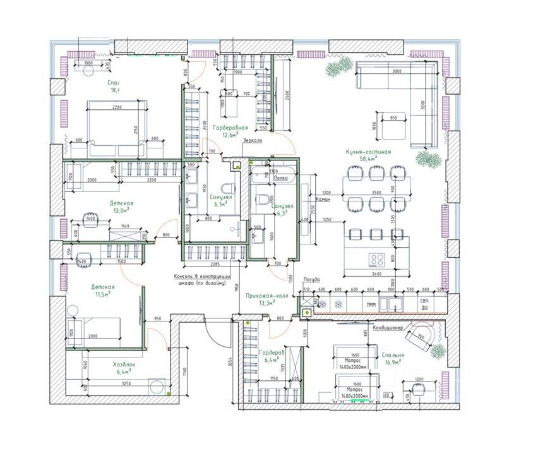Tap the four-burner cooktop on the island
pyautogui.click(x=378, y=258)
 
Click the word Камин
pyautogui.click(x=321, y=198)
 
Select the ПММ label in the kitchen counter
pyautogui.click(x=371, y=304)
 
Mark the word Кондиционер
pyautogui.click(x=388, y=327)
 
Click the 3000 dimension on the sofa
pyautogui.click(x=397, y=71)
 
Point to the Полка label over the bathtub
pyautogui.click(x=280, y=179)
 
